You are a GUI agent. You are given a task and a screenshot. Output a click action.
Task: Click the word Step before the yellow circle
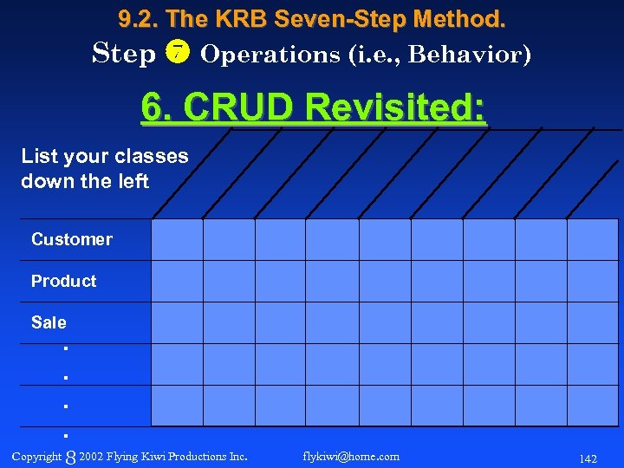pyautogui.click(x=124, y=54)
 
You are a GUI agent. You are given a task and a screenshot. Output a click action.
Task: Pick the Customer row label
pyautogui.click(x=72, y=239)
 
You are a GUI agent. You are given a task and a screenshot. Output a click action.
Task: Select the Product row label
pyautogui.click(x=63, y=281)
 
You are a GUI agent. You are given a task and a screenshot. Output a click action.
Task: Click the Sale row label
pyautogui.click(x=49, y=322)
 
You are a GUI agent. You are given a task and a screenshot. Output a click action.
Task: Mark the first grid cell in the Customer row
pyautogui.click(x=177, y=239)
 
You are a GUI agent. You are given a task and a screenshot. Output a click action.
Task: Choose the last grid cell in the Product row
pyautogui.click(x=593, y=281)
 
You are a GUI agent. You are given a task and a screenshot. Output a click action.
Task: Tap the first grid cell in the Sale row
pyautogui.click(x=177, y=322)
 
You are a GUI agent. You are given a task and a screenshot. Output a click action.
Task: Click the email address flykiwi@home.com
pyautogui.click(x=351, y=456)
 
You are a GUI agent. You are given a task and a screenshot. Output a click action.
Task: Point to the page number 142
pyautogui.click(x=588, y=458)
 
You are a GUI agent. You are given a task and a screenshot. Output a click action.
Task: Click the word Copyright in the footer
pyautogui.click(x=36, y=456)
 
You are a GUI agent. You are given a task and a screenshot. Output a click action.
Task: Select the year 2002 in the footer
pyautogui.click(x=92, y=456)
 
